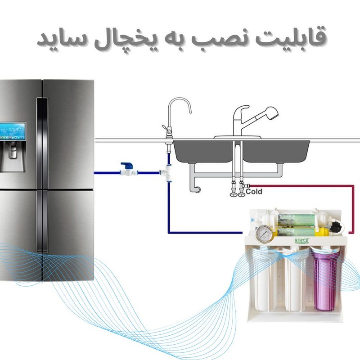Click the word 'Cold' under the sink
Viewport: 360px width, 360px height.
pos(254,192)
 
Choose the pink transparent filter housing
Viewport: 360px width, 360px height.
pos(322,282)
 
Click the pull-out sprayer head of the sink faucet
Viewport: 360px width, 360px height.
pos(270,113)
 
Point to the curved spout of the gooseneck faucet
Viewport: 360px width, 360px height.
pos(180,103)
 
